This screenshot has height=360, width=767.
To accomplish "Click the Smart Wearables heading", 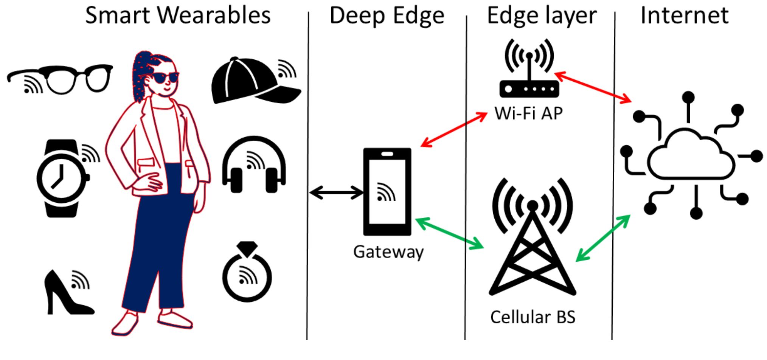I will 178,16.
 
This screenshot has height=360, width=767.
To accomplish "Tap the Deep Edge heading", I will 387,16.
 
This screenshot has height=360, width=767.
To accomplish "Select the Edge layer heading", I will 542,16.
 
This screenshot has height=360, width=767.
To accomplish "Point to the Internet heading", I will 685,16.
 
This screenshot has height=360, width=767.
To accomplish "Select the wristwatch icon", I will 62,178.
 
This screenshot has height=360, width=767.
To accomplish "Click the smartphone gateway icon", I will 387,191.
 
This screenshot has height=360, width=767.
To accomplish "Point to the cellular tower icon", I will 533,238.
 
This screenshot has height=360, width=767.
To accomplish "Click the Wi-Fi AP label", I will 528,113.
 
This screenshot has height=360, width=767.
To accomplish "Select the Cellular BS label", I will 533,317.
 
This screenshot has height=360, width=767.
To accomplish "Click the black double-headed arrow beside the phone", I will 336,192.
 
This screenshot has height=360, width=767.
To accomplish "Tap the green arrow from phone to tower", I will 449,233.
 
